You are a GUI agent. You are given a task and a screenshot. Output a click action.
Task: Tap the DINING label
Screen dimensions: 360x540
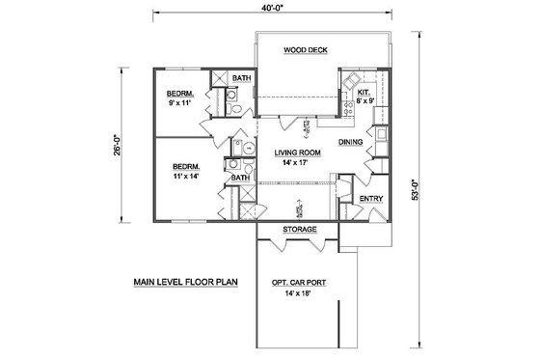pyautogui.click(x=351, y=143)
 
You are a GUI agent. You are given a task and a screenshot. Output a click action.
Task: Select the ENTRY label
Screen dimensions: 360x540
pyautogui.click(x=371, y=200)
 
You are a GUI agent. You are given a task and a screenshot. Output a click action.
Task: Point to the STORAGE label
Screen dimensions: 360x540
pyautogui.click(x=299, y=231)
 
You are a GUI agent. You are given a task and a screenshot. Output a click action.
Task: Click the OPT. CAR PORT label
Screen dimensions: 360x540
pyautogui.click(x=299, y=283)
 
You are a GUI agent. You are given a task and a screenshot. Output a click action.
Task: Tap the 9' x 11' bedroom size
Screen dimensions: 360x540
pyautogui.click(x=180, y=101)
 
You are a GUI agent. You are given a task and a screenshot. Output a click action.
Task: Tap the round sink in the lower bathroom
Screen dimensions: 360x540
pyautogui.click(x=245, y=148)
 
